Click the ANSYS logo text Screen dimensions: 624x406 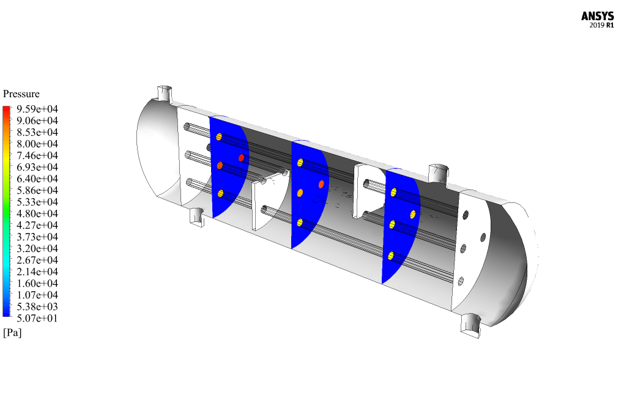pyautogui.click(x=597, y=16)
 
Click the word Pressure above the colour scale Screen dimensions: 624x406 pyautogui.click(x=21, y=94)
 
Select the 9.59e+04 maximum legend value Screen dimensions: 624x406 pyautogui.click(x=37, y=109)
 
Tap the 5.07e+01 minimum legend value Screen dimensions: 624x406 pyautogui.click(x=37, y=318)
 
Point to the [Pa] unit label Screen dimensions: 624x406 pyautogui.click(x=12, y=333)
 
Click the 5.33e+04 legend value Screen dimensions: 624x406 pyautogui.click(x=37, y=202)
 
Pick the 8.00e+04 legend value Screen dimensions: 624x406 pyautogui.click(x=37, y=144)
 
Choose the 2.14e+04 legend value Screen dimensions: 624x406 pyautogui.click(x=37, y=271)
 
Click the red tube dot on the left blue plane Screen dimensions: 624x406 pyautogui.click(x=241, y=158)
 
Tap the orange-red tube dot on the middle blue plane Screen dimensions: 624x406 pyautogui.click(x=321, y=184)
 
